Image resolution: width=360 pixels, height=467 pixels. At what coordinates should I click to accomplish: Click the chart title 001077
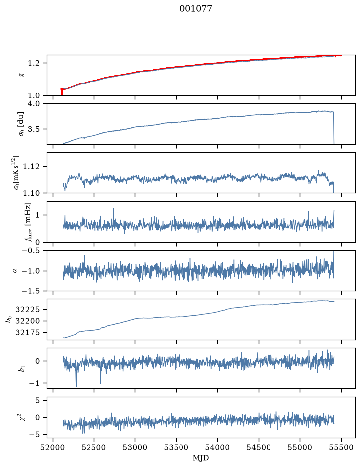[x=195, y=8]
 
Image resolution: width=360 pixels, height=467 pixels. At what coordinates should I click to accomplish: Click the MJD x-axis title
[x=201, y=458]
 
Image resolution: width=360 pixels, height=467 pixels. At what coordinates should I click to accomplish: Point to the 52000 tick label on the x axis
[x=53, y=447]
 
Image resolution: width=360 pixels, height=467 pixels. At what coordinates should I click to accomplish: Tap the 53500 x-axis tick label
[x=177, y=447]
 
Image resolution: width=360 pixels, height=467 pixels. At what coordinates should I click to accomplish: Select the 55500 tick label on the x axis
[x=341, y=447]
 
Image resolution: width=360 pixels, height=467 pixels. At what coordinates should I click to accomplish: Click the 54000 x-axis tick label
[x=217, y=447]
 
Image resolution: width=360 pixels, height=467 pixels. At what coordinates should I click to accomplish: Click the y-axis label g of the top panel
[x=21, y=75]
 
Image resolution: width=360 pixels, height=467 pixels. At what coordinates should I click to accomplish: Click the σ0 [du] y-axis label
[x=21, y=124]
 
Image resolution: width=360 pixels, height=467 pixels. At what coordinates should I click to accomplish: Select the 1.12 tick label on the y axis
[x=31, y=166]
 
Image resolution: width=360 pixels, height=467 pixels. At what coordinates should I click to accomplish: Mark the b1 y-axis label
[x=22, y=369]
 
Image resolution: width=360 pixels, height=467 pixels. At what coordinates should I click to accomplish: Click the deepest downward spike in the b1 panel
[x=76, y=386]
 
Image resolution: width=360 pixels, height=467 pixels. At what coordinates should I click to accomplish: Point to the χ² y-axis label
[x=22, y=417]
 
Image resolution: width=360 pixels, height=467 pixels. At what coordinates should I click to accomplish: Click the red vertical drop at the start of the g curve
[x=62, y=92]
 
